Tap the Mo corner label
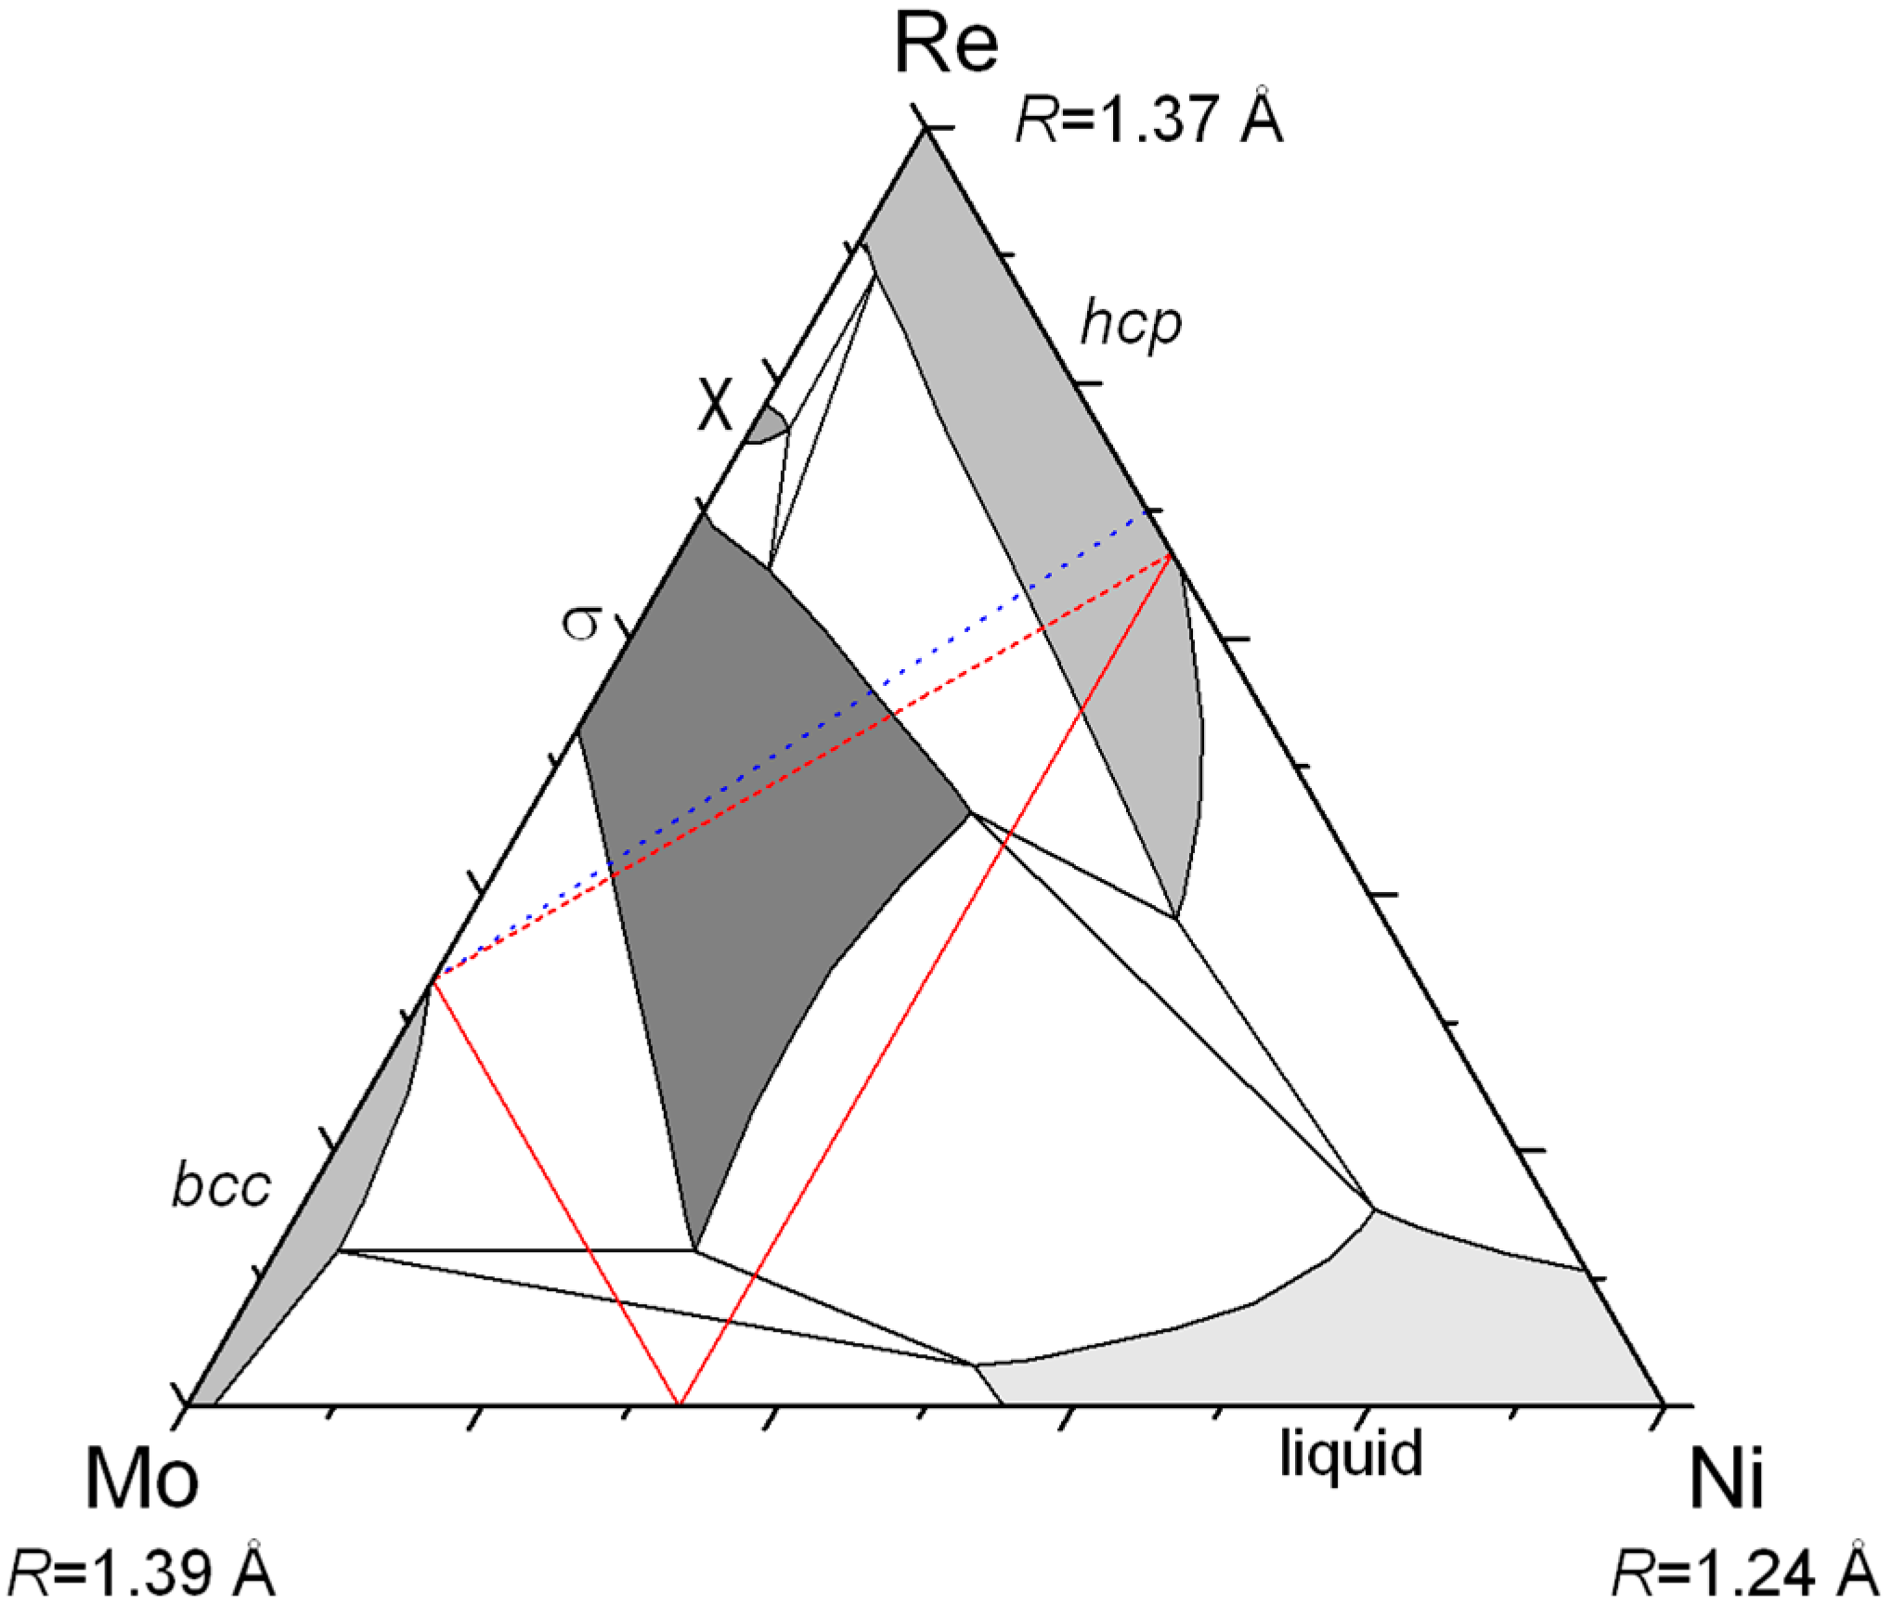coord(141,1479)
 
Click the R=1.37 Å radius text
coord(1148,120)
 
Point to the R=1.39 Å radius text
coord(141,1572)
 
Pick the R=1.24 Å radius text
coord(1745,1572)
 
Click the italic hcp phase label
coord(1130,324)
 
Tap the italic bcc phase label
coord(221,1186)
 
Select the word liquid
coord(1350,1453)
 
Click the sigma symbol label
coord(583,623)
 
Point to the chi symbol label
coord(715,405)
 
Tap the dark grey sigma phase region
coord(743,835)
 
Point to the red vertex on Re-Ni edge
coord(1170,556)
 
